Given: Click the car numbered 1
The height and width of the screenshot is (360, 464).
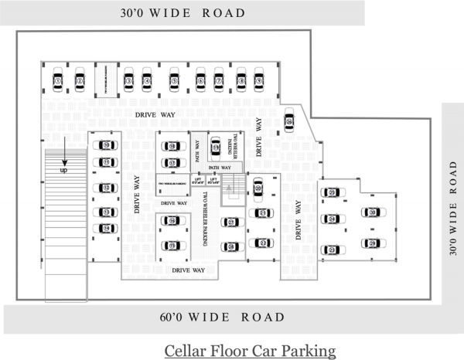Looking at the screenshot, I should coord(58,80).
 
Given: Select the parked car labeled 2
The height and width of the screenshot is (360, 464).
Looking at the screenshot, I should coord(80,80).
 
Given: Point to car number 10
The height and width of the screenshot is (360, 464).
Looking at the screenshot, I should coord(107,144).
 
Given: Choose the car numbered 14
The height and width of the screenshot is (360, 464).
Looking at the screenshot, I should coord(107,228).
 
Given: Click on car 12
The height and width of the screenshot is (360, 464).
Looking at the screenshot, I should coord(107,188).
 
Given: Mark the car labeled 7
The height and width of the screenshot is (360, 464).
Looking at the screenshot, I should coord(219,80).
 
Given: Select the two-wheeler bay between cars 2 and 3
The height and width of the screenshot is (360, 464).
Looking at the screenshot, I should coord(104,80).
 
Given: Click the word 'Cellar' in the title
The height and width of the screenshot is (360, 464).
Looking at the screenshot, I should coord(186,351).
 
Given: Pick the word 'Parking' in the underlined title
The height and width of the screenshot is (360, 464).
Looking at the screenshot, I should coord(312,351).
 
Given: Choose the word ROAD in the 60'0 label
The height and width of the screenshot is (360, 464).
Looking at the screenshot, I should coord(264,318).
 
